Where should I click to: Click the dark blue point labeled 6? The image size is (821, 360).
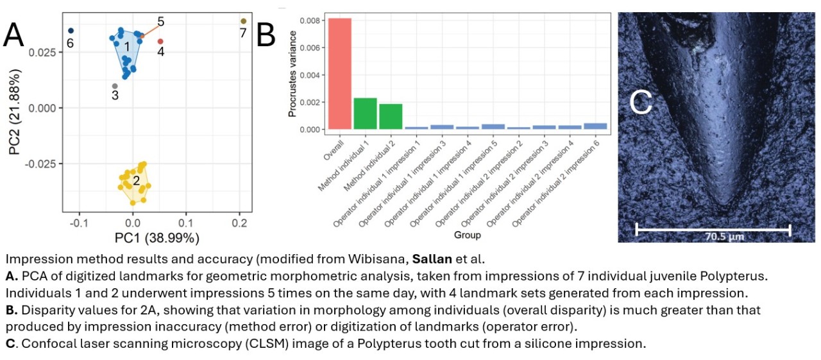pyautogui.click(x=71, y=30)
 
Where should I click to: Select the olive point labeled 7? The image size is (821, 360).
pyautogui.click(x=243, y=21)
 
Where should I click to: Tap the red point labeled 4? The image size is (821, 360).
pyautogui.click(x=160, y=41)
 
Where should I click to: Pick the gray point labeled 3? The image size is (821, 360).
pyautogui.click(x=115, y=86)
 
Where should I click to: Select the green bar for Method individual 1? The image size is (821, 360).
pyautogui.click(x=365, y=113)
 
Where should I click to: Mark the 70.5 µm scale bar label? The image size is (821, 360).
pyautogui.click(x=714, y=236)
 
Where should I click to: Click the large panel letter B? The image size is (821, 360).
pyautogui.click(x=266, y=35)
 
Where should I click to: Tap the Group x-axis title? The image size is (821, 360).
pyautogui.click(x=468, y=236)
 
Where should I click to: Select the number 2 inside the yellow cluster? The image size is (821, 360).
pyautogui.click(x=135, y=181)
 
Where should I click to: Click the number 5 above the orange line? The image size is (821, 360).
pyautogui.click(x=160, y=21)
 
